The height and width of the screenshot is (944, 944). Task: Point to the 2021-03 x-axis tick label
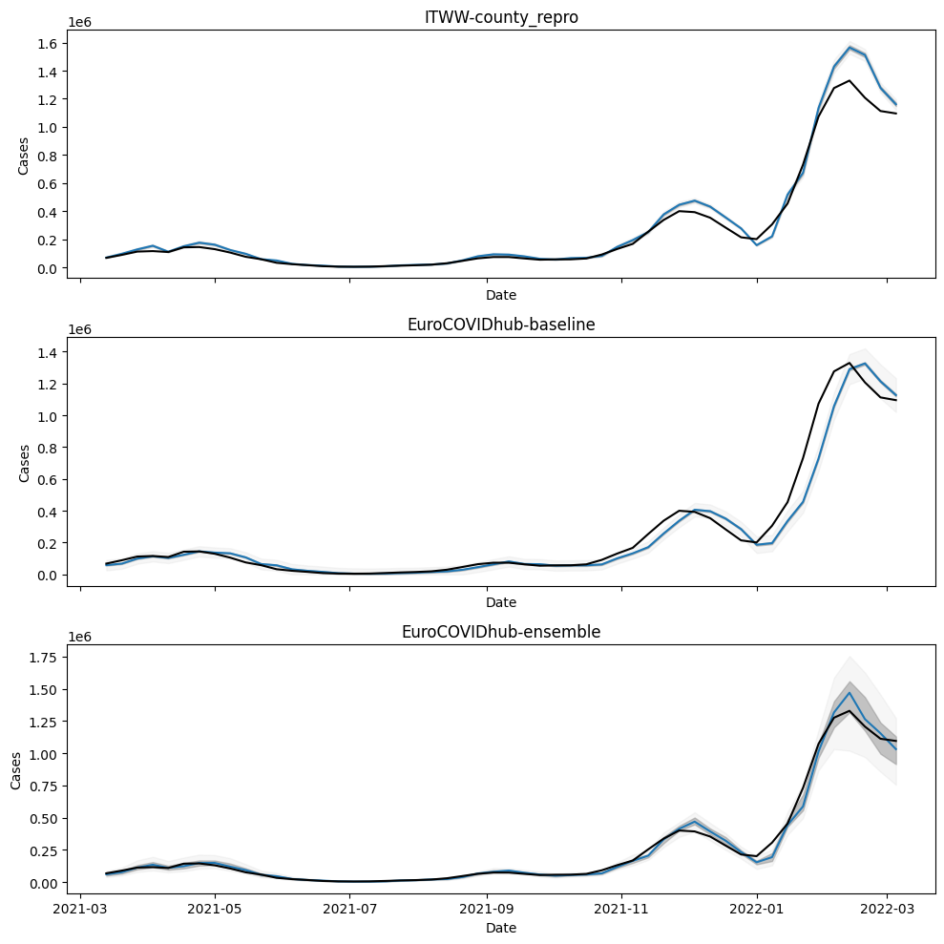pyautogui.click(x=80, y=909)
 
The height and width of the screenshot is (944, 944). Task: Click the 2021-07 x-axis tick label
pyautogui.click(x=350, y=909)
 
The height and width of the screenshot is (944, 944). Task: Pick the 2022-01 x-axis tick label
pyautogui.click(x=757, y=909)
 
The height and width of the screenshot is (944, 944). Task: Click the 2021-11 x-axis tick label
pyautogui.click(x=622, y=909)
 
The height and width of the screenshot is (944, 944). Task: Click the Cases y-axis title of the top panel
pyautogui.click(x=23, y=154)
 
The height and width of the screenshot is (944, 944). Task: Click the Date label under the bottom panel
pyautogui.click(x=501, y=928)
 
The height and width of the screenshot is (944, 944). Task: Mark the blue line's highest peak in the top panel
pyautogui.click(x=849, y=47)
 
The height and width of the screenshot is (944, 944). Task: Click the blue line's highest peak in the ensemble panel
pyautogui.click(x=849, y=693)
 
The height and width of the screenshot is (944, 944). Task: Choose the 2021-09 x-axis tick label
pyautogui.click(x=487, y=909)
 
